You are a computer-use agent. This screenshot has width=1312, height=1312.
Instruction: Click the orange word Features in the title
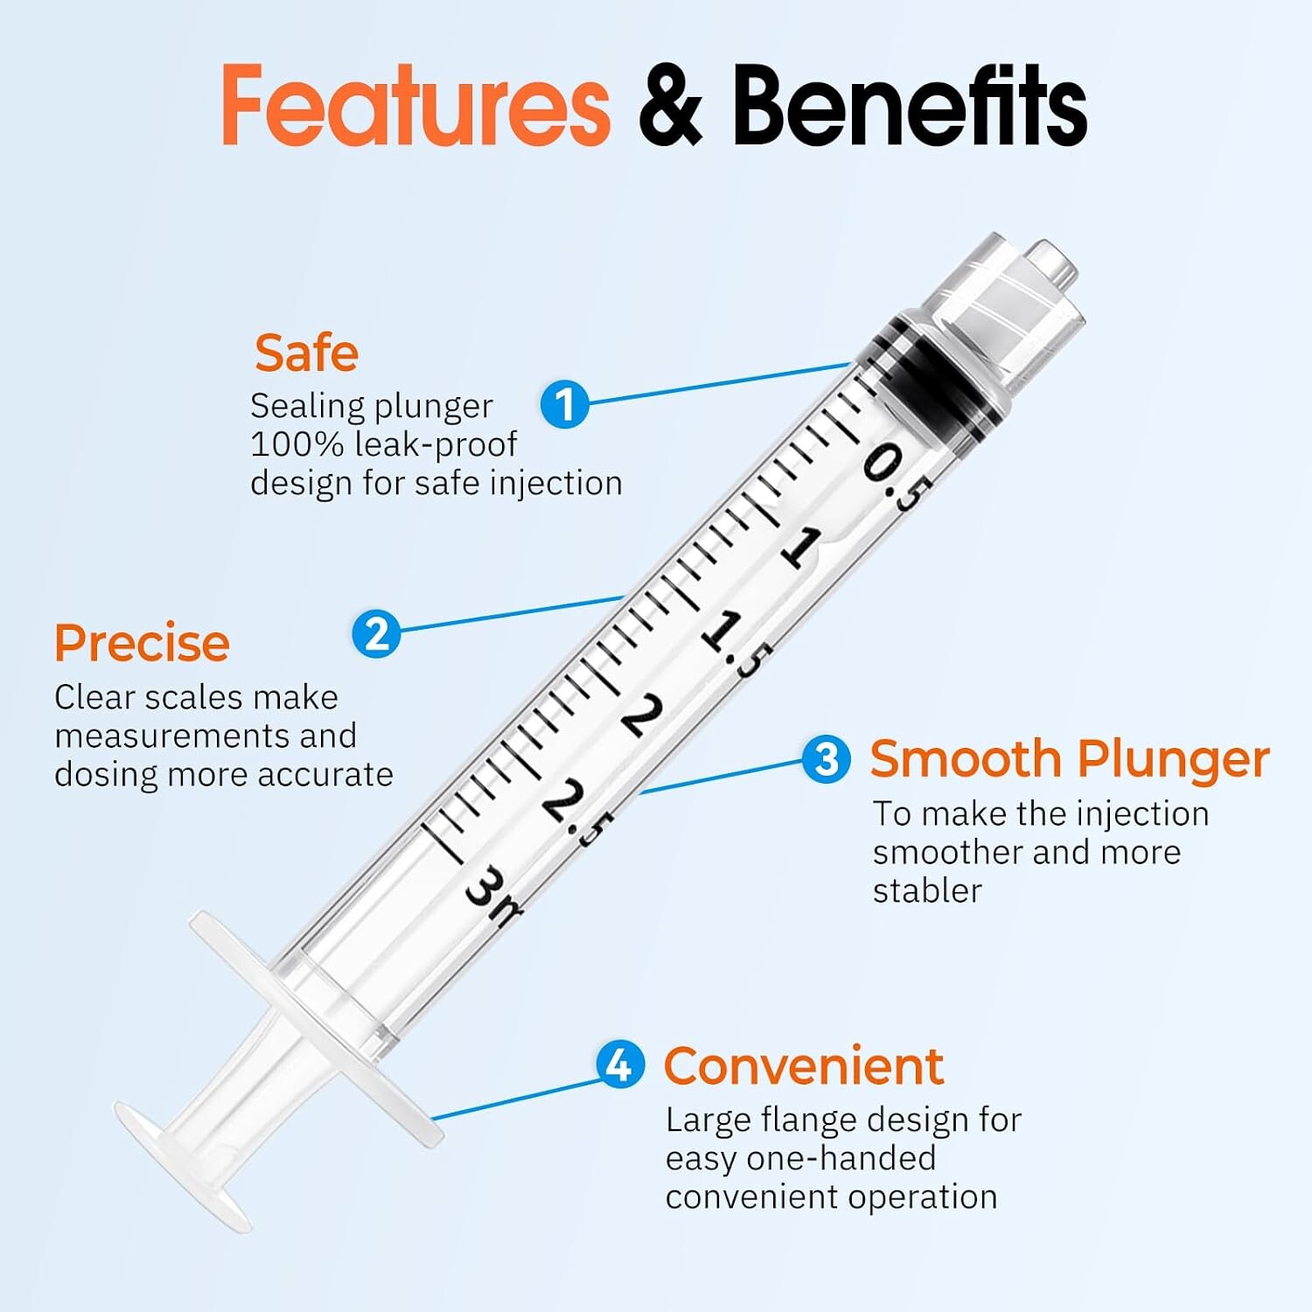tap(415, 105)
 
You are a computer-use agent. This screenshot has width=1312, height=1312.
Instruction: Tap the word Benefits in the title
tap(910, 105)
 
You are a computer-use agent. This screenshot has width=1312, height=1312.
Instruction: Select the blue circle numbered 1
tap(565, 403)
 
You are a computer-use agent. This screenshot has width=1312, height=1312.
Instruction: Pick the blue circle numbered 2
tap(377, 633)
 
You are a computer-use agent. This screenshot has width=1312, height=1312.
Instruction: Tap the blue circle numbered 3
tap(827, 758)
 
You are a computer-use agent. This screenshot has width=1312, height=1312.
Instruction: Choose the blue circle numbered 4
tap(620, 1064)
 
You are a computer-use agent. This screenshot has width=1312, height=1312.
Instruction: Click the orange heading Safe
tap(306, 352)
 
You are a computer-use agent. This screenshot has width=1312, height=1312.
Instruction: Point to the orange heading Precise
tap(142, 643)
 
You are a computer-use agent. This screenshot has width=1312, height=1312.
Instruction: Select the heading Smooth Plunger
tap(1069, 759)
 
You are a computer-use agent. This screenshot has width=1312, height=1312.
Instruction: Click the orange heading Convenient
tap(804, 1066)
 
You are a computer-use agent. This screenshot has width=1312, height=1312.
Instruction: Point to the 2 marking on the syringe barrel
tap(643, 715)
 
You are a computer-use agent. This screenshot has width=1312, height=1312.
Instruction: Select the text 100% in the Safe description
tap(297, 444)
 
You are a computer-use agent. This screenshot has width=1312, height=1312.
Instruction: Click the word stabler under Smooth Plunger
tap(927, 890)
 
